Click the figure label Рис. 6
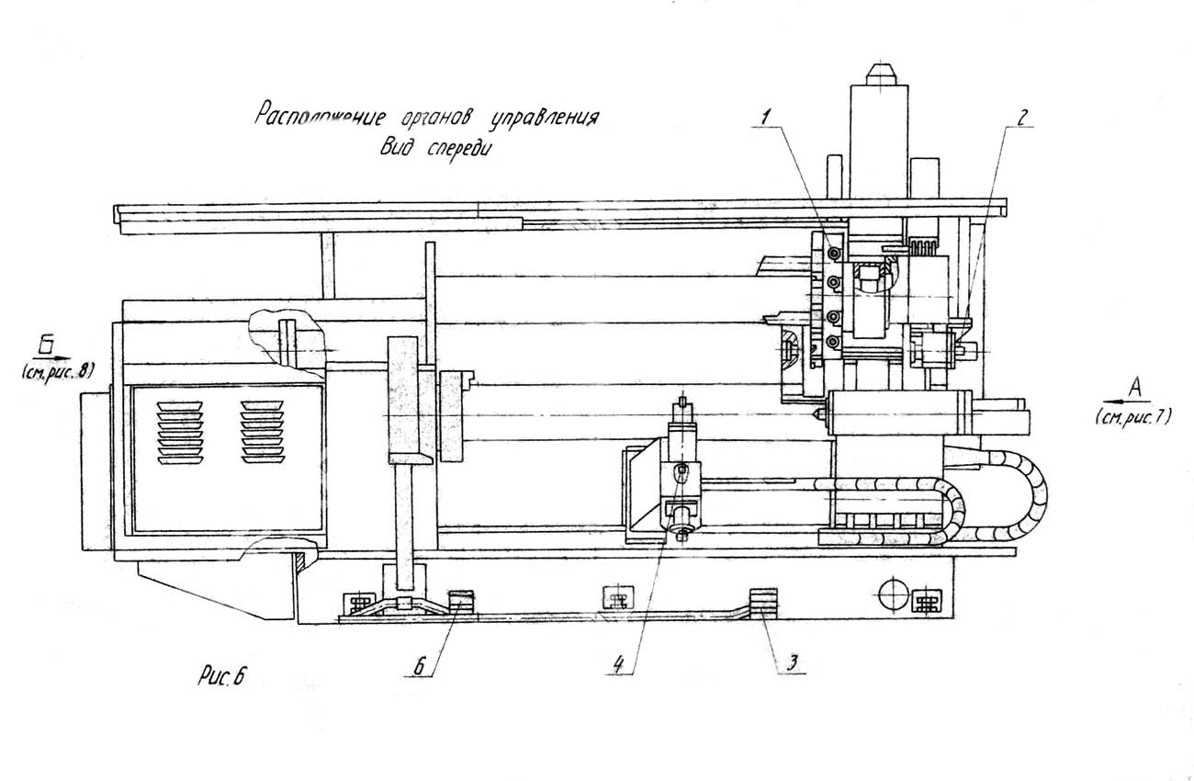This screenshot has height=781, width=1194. pos(222,677)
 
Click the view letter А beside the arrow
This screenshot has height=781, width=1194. pos(1133,390)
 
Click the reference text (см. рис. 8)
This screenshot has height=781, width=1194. pos(57,371)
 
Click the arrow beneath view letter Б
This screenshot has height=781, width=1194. pos(55,356)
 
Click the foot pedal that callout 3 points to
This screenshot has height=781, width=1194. pos(762,604)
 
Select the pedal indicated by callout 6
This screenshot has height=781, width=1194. pos(458,599)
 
